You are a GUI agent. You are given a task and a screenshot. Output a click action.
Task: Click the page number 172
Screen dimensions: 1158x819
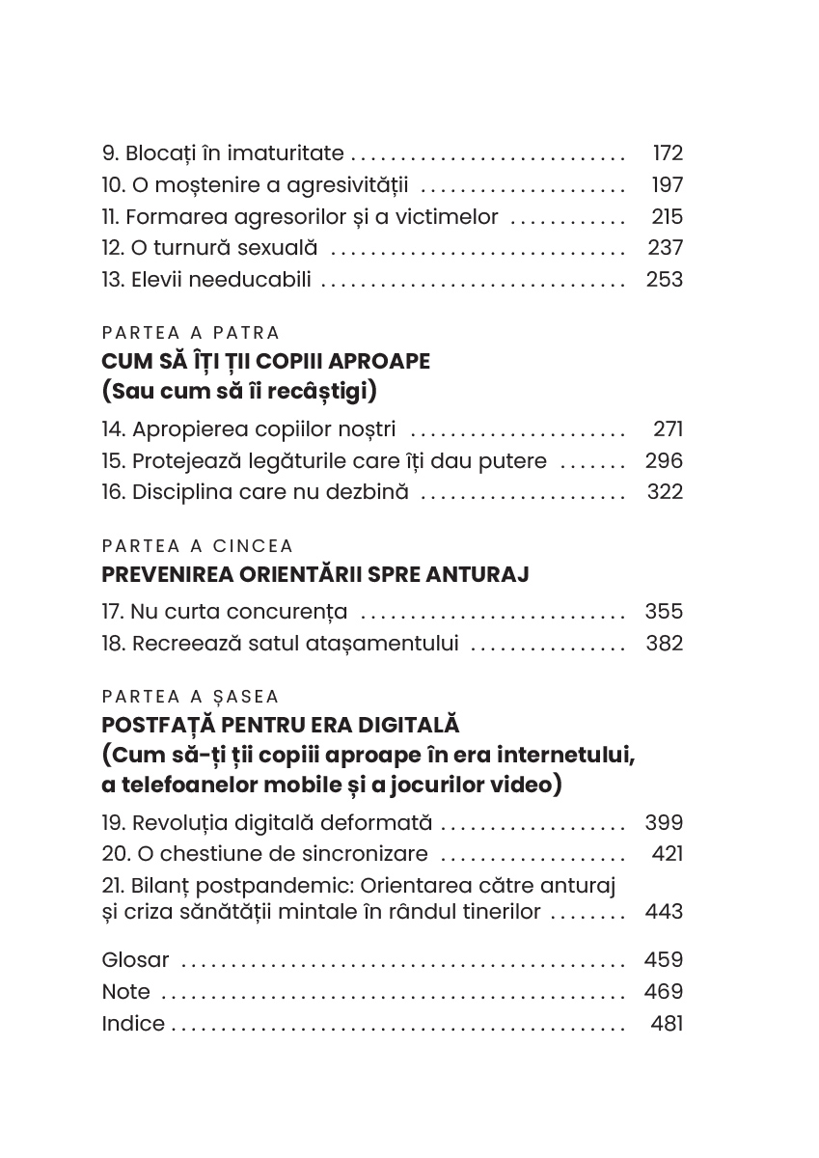[667, 153]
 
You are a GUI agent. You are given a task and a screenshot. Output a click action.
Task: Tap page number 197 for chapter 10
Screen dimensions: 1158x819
[667, 185]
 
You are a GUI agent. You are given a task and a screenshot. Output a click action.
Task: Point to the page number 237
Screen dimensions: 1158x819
[665, 249]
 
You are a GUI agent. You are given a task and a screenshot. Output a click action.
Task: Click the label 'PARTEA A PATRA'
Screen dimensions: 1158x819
[190, 333]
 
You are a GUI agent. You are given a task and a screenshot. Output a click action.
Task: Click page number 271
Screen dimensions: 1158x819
[667, 429]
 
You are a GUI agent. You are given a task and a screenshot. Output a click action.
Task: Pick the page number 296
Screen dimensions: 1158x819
[664, 461]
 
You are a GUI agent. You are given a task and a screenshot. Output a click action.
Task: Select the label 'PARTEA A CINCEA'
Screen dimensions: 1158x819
[197, 546]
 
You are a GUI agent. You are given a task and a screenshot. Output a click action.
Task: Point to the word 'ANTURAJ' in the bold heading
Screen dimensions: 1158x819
[479, 575]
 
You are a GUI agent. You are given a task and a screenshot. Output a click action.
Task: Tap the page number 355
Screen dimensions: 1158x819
[664, 612]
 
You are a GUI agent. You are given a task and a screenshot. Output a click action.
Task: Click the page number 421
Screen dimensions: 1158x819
[667, 854]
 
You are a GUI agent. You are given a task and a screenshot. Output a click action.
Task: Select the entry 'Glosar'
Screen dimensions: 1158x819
[135, 960]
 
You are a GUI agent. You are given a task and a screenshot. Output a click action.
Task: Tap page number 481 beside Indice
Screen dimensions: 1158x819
[667, 1024]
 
